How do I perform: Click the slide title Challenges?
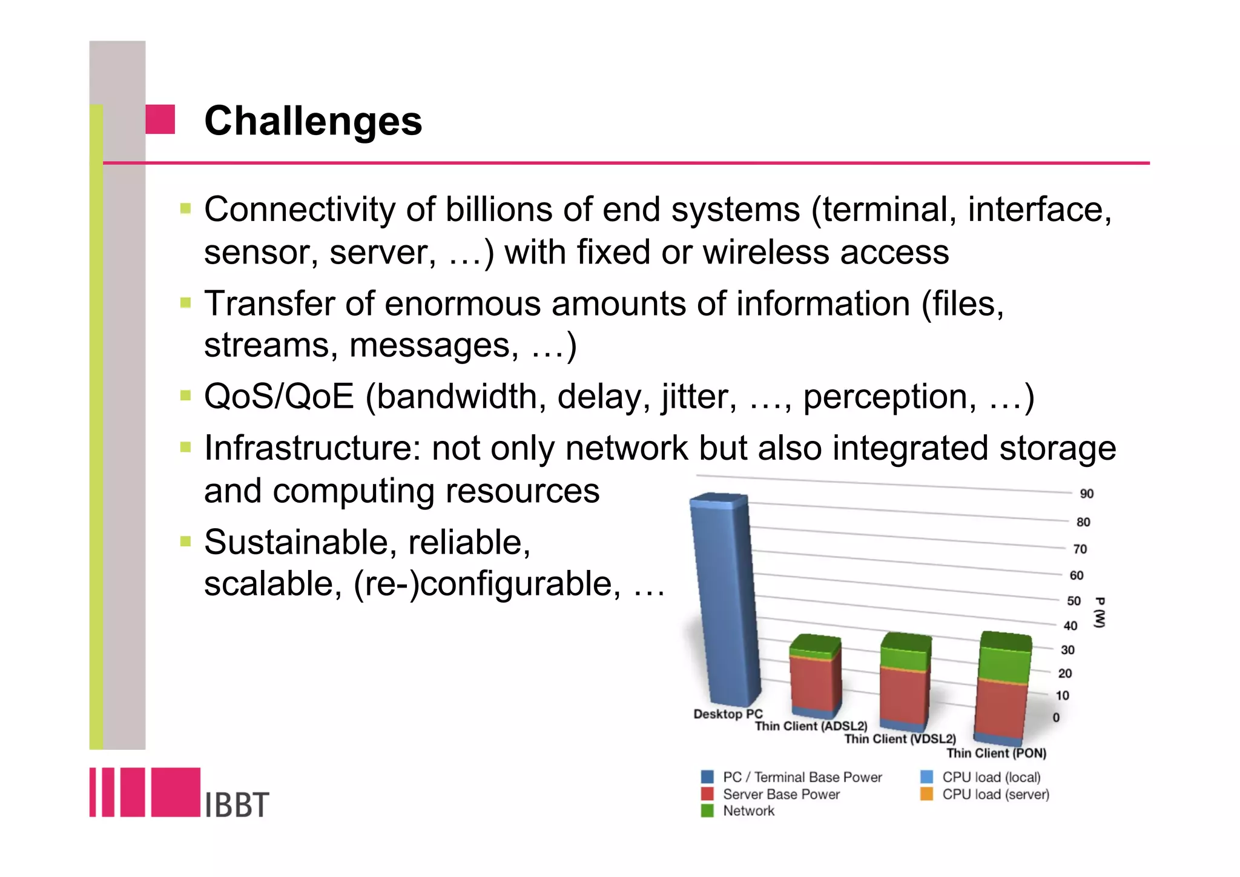(x=312, y=121)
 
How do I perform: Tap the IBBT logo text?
(x=236, y=805)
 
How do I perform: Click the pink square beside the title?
(x=160, y=119)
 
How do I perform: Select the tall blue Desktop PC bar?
(x=724, y=600)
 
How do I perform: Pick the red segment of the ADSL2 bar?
(x=814, y=681)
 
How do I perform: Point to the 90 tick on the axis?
(x=1086, y=494)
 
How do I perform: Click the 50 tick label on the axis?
(x=1073, y=601)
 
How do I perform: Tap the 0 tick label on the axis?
(x=1056, y=718)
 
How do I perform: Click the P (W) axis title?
(x=1100, y=613)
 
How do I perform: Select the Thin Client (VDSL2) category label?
(x=900, y=739)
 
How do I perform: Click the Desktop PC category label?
(x=727, y=714)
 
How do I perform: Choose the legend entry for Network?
(x=748, y=811)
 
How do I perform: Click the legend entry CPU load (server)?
(x=995, y=794)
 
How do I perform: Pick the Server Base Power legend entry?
(x=781, y=794)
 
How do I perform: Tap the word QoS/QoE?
(x=279, y=397)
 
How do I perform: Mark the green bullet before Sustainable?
(x=185, y=541)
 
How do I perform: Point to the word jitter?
(x=698, y=397)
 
